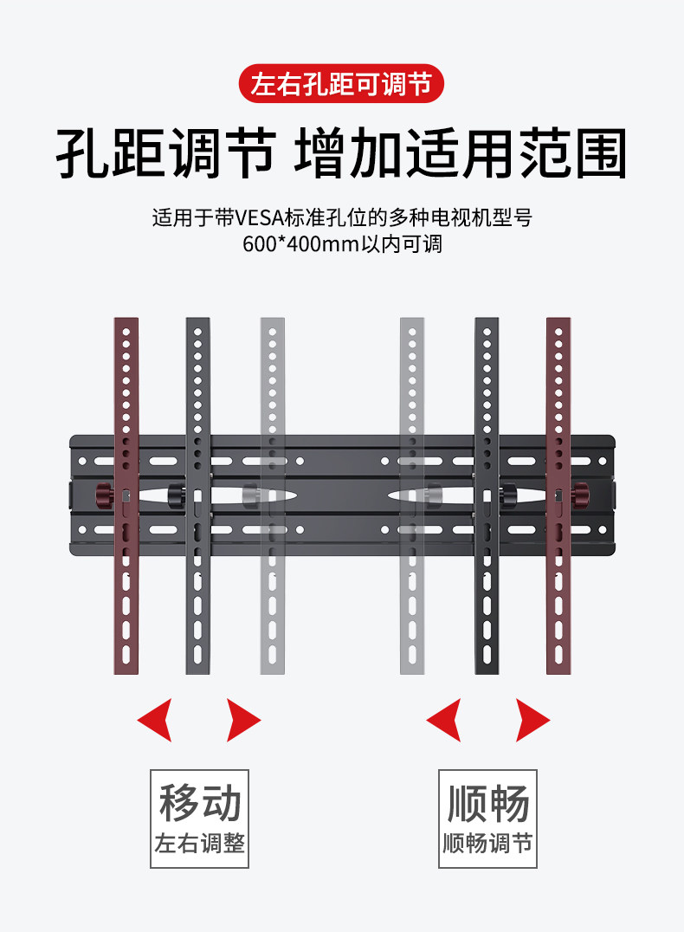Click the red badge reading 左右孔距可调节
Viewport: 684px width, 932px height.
tap(341, 85)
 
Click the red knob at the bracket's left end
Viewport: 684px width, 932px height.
tap(105, 496)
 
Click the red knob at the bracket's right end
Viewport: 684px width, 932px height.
tap(579, 496)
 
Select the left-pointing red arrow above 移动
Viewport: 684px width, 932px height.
tap(156, 719)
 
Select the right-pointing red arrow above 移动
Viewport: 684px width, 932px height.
tap(242, 719)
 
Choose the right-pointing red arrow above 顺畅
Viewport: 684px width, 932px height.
tap(532, 719)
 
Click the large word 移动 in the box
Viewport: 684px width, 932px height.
tap(200, 803)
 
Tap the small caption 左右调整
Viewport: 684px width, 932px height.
tap(200, 843)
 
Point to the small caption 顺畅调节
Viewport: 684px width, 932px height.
tap(487, 843)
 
